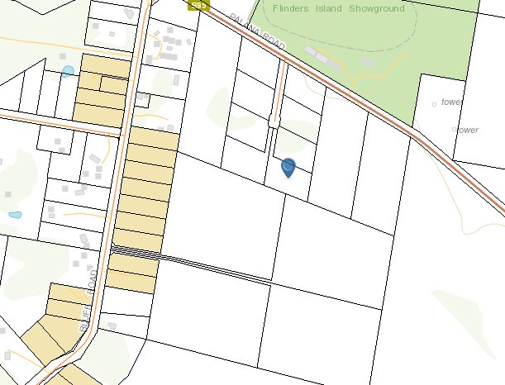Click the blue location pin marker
pos(288,168)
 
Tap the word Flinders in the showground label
pos(306,9)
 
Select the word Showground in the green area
pos(378,9)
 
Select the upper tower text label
pos(451,102)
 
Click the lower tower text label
pos(468,131)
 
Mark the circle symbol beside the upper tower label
pos(436,104)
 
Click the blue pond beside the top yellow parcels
pos(68,71)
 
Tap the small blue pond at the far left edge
pos(15,215)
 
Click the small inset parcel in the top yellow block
pos(112,83)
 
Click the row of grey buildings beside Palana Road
pos(317,55)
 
